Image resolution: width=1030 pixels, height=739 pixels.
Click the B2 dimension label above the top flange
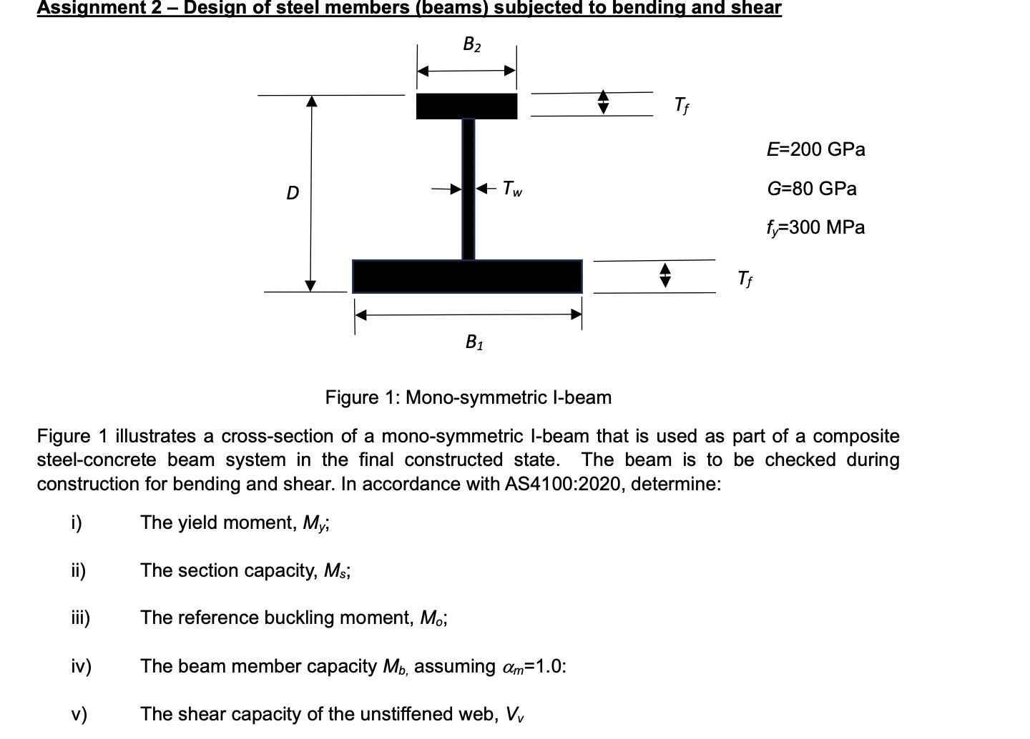(472, 45)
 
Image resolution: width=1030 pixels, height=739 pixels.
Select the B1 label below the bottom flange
(474, 343)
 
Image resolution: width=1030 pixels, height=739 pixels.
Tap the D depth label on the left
(292, 193)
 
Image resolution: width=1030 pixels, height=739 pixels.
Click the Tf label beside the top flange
(682, 106)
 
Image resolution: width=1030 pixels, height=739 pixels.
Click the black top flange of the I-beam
(466, 106)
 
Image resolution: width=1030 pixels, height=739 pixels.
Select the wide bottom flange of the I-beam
(467, 277)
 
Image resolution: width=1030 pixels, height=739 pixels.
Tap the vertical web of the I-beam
(469, 189)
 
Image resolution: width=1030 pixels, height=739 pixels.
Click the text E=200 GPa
(815, 149)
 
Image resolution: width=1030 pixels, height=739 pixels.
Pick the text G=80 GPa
(811, 189)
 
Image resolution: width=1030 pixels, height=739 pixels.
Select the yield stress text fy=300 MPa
(815, 228)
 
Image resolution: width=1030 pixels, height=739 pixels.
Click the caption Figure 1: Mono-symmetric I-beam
(469, 397)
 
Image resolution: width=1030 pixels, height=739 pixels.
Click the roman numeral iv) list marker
(81, 667)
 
